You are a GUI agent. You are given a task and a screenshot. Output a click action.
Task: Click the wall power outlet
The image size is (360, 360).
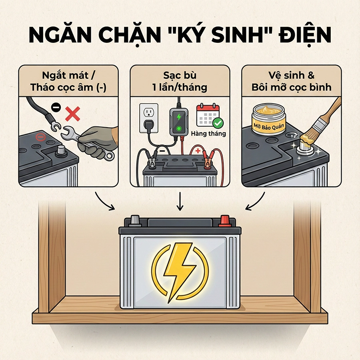148,118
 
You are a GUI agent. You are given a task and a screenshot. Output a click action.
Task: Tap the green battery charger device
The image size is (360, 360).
178,120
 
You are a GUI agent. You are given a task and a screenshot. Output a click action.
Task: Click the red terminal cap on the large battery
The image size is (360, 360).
224,220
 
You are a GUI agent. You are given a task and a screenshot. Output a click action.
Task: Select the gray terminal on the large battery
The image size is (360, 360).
135,220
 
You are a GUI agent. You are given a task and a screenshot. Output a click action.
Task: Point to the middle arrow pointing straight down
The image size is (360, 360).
180,202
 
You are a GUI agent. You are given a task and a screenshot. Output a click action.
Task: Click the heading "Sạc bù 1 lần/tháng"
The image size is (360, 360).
180,81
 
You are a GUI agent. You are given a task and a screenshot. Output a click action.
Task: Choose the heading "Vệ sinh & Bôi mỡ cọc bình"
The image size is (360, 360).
292,81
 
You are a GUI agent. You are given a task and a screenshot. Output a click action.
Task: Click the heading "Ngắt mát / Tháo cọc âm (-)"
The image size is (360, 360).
68,81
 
